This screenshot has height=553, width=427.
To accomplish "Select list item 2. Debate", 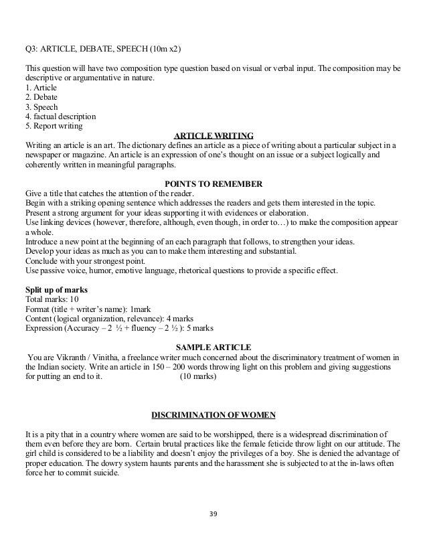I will (x=41, y=97).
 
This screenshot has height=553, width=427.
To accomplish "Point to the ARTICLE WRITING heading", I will (x=213, y=135).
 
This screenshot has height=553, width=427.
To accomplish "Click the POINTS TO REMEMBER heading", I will (x=213, y=184).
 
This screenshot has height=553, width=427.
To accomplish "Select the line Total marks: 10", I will (x=52, y=299).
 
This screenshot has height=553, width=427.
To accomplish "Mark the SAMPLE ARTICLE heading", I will (x=213, y=347).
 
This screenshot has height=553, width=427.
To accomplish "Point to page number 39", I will (x=213, y=514).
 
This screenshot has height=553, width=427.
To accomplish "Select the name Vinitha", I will (x=108, y=358).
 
